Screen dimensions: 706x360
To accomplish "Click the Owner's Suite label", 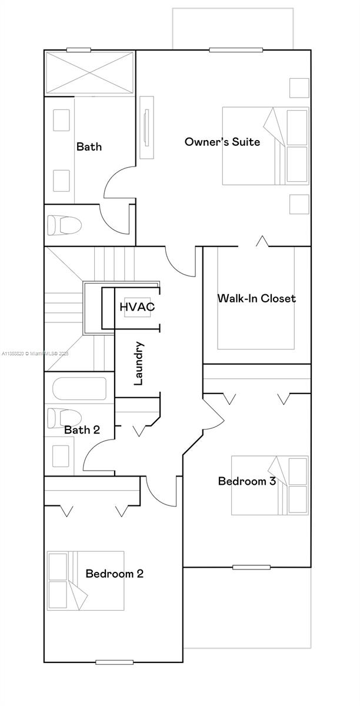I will coord(222,142).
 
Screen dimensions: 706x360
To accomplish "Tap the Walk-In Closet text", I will coord(256,298).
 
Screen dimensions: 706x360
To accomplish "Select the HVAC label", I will coord(137,307).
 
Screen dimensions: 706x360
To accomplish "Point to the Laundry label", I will coord(139,363).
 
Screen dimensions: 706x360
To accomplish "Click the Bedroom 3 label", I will coord(246,481).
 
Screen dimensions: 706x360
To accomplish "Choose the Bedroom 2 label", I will coord(114,574).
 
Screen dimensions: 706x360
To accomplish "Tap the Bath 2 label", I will coord(82,430).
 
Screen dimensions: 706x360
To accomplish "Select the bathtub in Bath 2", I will coord(79,389).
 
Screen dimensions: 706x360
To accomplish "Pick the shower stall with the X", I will coord(89,72).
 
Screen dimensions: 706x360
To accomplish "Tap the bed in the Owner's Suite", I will coord(265,146).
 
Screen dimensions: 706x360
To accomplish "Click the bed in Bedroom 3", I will coord(269,485).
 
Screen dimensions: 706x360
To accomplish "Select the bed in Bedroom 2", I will coord(86,580).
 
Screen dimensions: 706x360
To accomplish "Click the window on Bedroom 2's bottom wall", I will coord(114,662).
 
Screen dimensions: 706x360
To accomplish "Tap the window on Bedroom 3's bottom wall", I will coord(251,567).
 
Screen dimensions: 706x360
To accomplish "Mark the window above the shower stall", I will coord(78,50).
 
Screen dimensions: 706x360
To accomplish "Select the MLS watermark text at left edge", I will coord(35,354).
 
